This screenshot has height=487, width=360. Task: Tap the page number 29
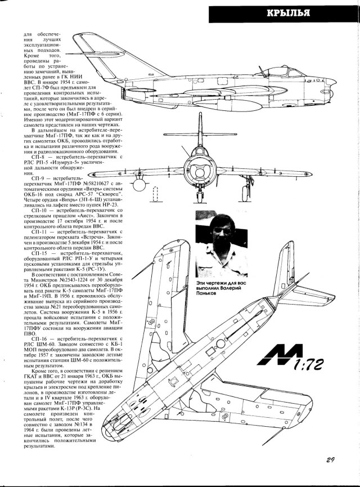[x=331, y=459]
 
